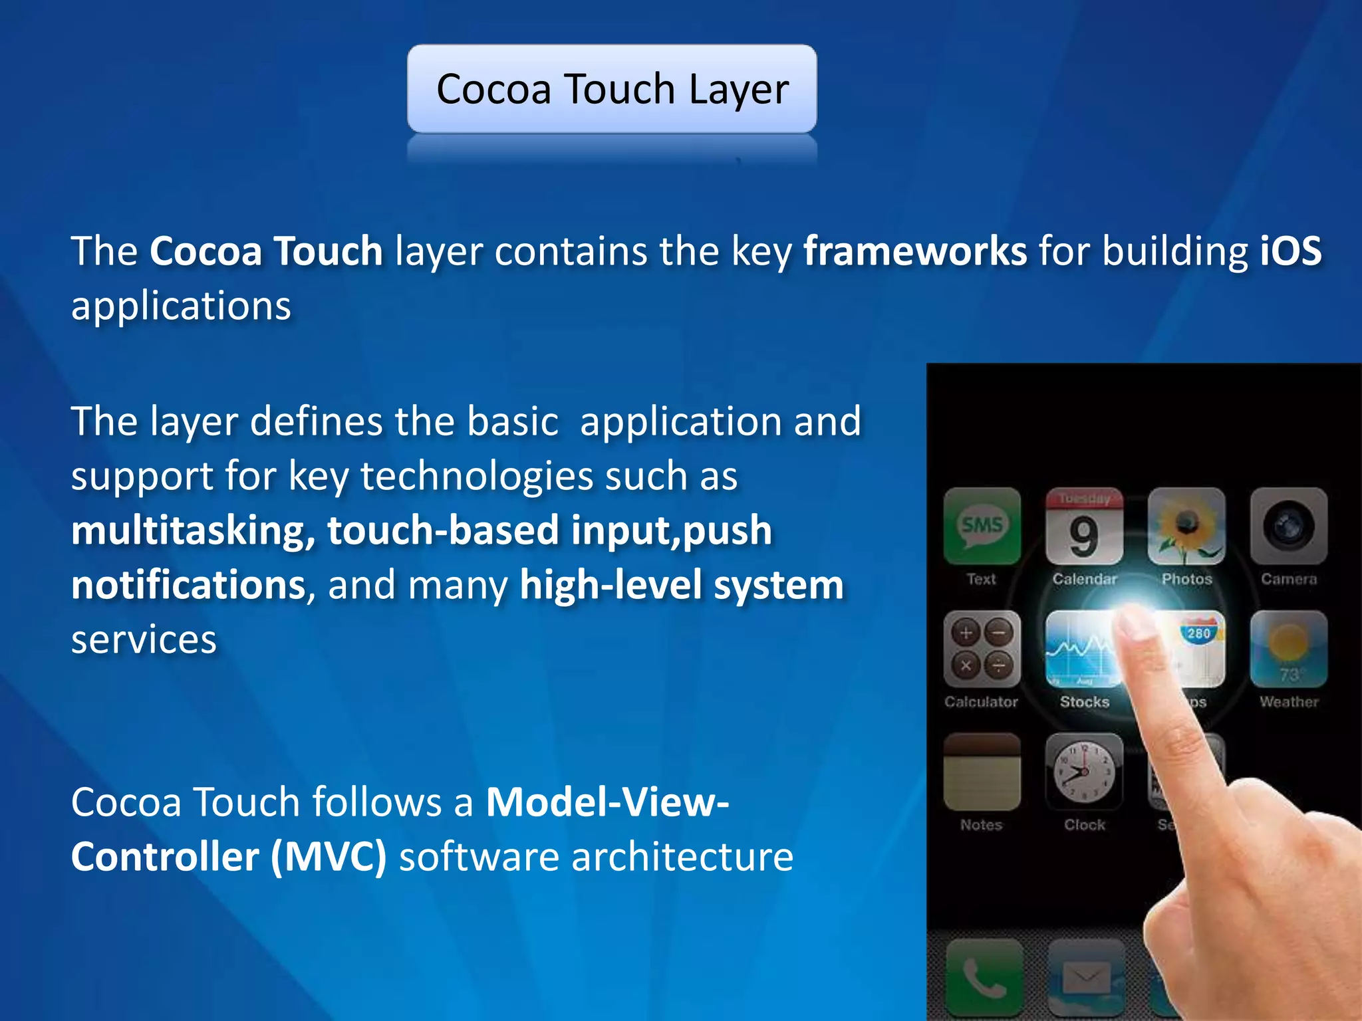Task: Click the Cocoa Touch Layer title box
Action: [612, 89]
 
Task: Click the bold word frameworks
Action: [915, 251]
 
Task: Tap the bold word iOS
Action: [1290, 251]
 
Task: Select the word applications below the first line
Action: [181, 306]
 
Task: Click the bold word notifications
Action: [188, 586]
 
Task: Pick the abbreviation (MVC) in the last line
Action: [329, 857]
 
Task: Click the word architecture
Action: [682, 857]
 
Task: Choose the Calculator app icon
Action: [982, 649]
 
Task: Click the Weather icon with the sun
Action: [1288, 649]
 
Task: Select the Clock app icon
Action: [1084, 772]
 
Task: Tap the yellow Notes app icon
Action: [982, 772]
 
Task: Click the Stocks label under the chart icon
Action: [1084, 702]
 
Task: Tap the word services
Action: [144, 640]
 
